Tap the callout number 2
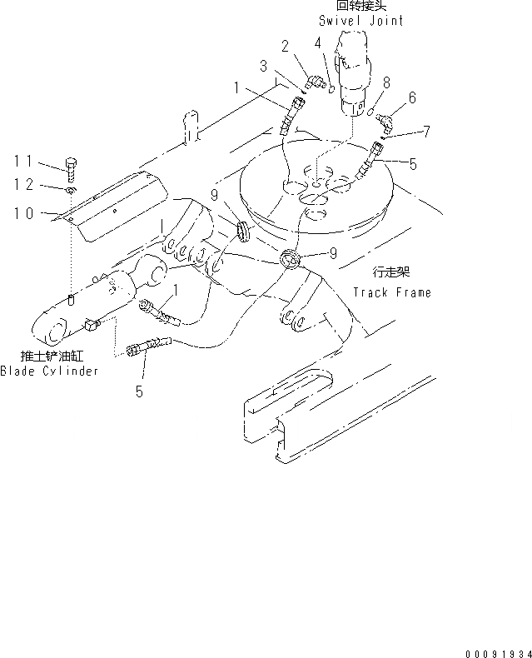point(286,45)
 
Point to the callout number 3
point(264,65)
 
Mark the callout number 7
point(426,132)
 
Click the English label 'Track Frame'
point(391,292)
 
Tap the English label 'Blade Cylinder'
point(48,371)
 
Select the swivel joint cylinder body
point(353,67)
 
